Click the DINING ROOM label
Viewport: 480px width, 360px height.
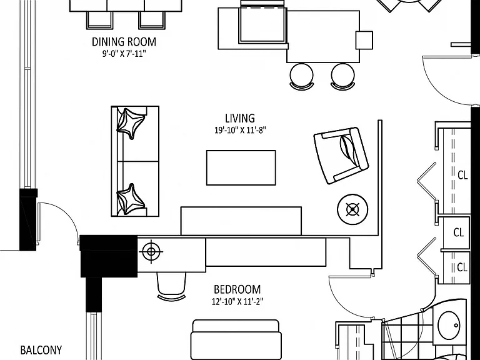tap(124, 42)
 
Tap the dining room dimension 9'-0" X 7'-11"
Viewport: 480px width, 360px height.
tap(124, 54)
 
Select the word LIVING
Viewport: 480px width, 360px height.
tap(240, 118)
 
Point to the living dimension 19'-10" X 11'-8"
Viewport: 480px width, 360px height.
tap(240, 131)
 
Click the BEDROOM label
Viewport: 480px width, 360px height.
tap(237, 289)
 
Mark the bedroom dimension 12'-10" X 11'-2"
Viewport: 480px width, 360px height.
tap(237, 302)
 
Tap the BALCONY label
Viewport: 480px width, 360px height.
tap(41, 350)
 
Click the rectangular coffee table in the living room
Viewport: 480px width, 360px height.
tap(241, 167)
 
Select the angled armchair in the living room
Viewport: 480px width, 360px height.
tap(341, 156)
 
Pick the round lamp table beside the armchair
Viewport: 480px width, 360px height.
tap(352, 209)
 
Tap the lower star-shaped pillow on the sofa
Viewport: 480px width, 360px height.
tap(131, 199)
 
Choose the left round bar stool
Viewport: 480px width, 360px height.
tap(302, 76)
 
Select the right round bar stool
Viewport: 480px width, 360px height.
tap(343, 76)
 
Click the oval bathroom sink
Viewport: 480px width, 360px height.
tap(449, 325)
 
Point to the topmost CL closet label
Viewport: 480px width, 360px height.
tap(462, 176)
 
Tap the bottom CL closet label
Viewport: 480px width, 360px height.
tap(462, 267)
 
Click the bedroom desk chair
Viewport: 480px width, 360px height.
tap(171, 286)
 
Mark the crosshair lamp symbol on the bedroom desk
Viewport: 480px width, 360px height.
tap(151, 252)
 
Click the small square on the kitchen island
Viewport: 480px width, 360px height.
tap(364, 40)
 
